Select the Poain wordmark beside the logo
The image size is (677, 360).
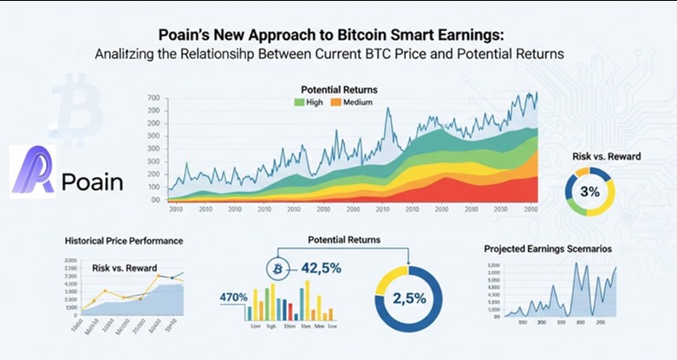tap(93, 182)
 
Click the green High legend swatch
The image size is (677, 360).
tap(299, 102)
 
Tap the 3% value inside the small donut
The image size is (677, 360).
tap(589, 191)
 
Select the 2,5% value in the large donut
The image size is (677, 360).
tap(407, 298)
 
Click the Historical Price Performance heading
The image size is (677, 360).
tap(123, 239)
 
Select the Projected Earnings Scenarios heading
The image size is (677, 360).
tap(548, 249)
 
